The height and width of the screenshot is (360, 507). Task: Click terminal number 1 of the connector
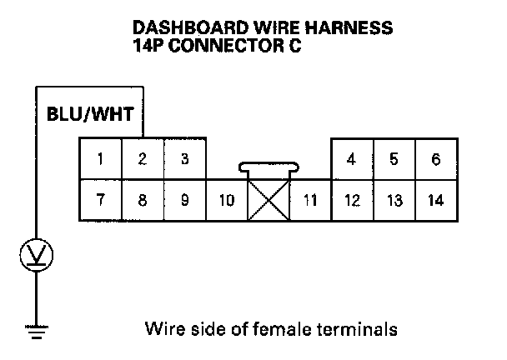(x=100, y=159)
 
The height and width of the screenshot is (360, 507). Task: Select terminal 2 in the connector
(x=143, y=159)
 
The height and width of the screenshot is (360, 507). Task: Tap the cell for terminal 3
(x=184, y=159)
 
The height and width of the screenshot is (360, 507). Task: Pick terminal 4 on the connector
(x=352, y=159)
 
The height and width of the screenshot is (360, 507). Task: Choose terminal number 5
(x=394, y=159)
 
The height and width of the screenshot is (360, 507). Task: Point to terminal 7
(x=100, y=200)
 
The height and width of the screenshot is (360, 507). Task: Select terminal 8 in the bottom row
(x=143, y=200)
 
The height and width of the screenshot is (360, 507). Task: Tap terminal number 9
(x=184, y=200)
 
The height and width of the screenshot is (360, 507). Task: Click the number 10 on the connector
(x=227, y=200)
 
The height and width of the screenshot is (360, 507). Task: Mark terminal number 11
(x=310, y=200)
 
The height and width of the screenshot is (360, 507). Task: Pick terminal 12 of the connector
(x=352, y=200)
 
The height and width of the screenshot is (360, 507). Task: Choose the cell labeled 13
(x=394, y=200)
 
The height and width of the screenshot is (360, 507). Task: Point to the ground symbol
(x=35, y=334)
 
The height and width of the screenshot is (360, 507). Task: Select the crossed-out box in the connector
(x=269, y=200)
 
